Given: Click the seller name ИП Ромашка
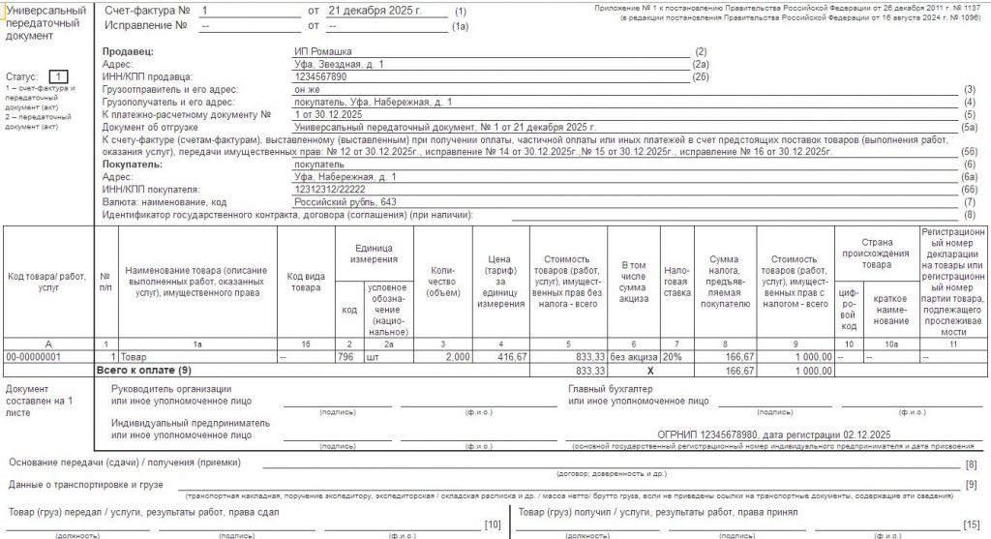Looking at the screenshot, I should [323, 51].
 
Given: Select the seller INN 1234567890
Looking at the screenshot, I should [320, 76].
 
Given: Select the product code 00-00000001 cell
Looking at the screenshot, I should [34, 356].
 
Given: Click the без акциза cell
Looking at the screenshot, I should [634, 356].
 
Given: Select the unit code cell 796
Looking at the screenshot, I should [349, 356].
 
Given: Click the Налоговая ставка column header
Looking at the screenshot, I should [676, 282].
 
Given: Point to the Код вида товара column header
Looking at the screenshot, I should [305, 282].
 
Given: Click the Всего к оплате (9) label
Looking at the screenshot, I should [143, 370].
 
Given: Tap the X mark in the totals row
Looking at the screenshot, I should [632, 370].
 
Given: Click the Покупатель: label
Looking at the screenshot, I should [132, 165].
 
